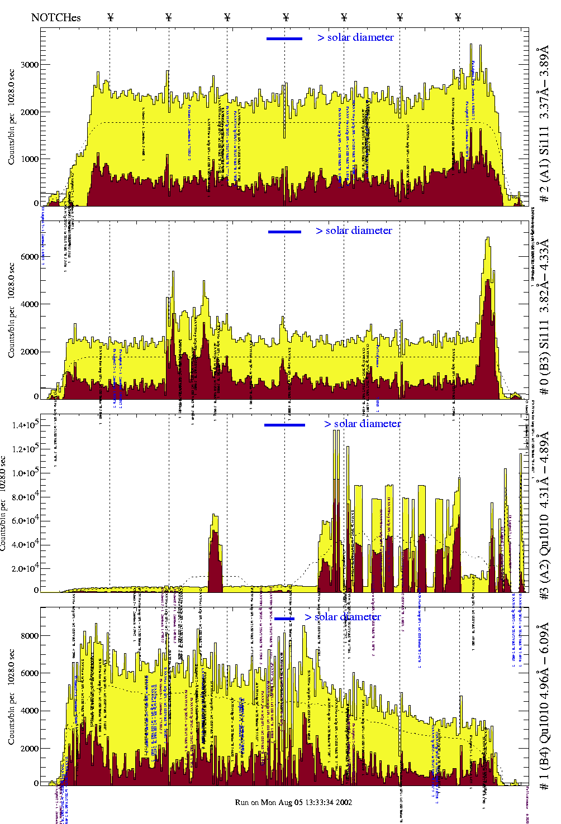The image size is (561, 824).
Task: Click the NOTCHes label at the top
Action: [56, 17]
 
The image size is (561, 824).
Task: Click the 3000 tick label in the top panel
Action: [30, 65]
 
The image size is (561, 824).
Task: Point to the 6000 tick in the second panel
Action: [30, 257]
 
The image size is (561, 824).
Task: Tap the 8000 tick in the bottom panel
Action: [30, 636]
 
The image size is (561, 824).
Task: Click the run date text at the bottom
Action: [293, 802]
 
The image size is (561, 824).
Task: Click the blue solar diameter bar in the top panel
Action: [284, 39]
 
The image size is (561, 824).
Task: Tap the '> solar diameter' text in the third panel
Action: [362, 424]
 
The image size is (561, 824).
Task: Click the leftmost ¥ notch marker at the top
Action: [110, 17]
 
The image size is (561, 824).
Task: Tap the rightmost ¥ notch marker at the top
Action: [458, 17]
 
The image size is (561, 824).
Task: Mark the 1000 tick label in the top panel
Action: [30, 159]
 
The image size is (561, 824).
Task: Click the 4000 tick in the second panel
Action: [30, 305]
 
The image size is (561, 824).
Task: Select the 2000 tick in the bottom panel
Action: [30, 749]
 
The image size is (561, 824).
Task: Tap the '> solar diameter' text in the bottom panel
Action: [343, 617]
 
